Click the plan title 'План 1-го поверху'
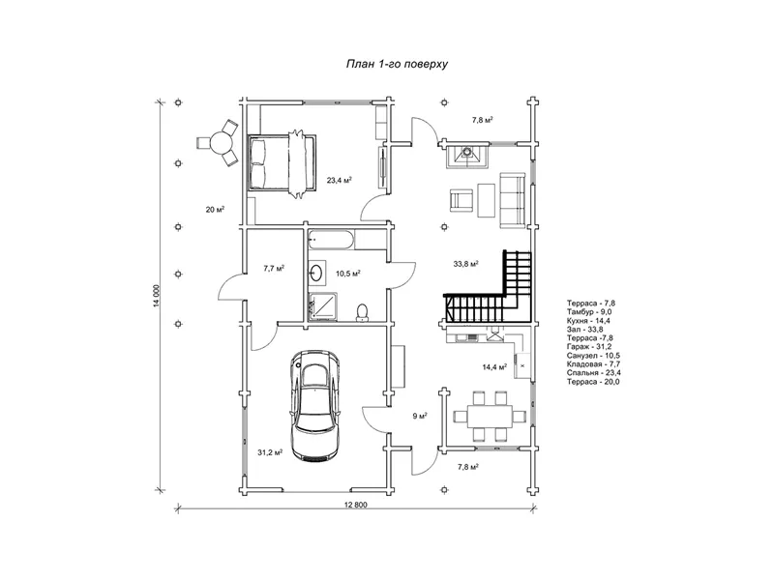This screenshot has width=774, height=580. [397, 64]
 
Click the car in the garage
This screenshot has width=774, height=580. [315, 406]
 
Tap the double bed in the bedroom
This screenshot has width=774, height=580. [282, 164]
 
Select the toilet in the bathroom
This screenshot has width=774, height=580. [362, 312]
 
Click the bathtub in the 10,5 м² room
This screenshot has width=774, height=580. [331, 241]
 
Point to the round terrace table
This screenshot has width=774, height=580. [221, 143]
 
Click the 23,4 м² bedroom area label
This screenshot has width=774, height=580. [340, 181]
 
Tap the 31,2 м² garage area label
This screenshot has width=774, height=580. [270, 452]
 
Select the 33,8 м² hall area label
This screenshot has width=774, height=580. [466, 264]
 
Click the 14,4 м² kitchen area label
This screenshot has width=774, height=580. [494, 367]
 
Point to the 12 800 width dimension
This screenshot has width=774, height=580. [357, 505]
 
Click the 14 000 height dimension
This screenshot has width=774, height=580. [157, 296]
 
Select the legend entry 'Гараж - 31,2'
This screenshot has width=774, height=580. [589, 347]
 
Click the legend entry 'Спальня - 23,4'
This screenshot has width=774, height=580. [594, 373]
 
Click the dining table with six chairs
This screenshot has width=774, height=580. [490, 416]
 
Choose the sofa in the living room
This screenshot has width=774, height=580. [512, 200]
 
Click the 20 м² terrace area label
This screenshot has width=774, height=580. [215, 210]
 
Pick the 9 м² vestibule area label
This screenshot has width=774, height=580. [420, 417]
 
